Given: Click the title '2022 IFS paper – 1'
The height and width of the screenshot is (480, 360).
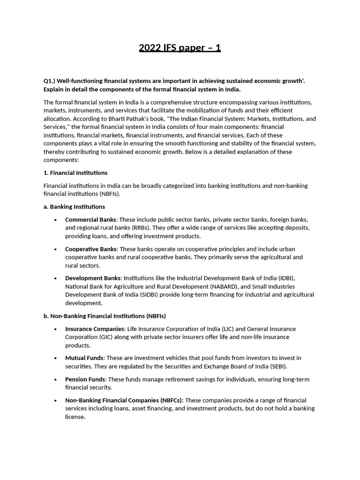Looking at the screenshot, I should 180,48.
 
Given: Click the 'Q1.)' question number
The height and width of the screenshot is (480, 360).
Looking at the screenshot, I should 50,81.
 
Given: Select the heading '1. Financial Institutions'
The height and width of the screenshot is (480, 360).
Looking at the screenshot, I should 75,173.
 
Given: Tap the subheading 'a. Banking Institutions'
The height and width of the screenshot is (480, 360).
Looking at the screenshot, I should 74,207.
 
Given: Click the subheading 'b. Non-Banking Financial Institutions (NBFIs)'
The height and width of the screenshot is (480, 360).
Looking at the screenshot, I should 105,316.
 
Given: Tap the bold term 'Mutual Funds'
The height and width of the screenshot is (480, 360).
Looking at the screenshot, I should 84,358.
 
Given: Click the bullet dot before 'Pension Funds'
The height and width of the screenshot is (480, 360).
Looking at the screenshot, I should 56,380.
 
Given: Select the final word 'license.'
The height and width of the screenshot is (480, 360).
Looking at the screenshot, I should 75,417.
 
